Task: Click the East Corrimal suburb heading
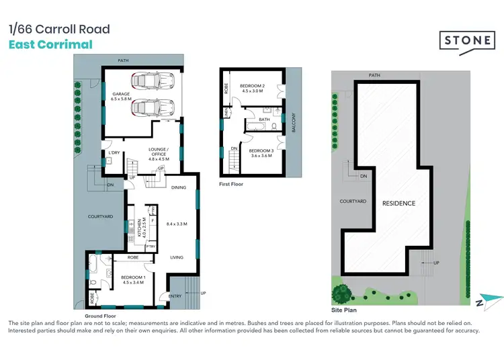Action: pyautogui.click(x=50, y=45)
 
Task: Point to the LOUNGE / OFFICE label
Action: pyautogui.click(x=159, y=152)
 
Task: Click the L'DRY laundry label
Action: pyautogui.click(x=114, y=152)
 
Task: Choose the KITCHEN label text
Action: pyautogui.click(x=140, y=228)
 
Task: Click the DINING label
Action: pyautogui.click(x=179, y=187)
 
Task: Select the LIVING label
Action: pyautogui.click(x=177, y=257)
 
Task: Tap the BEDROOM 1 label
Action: pyautogui.click(x=133, y=277)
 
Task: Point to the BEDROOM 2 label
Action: pyautogui.click(x=253, y=86)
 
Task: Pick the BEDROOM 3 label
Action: pyautogui.click(x=261, y=151)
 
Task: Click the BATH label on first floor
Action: pyautogui.click(x=264, y=120)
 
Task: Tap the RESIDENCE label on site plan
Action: pyautogui.click(x=399, y=203)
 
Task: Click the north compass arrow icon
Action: pyautogui.click(x=490, y=302)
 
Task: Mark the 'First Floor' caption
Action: pyautogui.click(x=231, y=183)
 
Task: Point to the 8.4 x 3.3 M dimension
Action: pyautogui.click(x=177, y=224)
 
